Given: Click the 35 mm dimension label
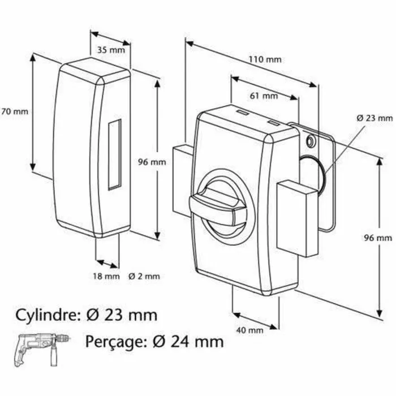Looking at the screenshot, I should tap(111, 49).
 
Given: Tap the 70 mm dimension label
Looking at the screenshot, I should tap(15, 111).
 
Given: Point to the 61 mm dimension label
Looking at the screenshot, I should tap(263, 96).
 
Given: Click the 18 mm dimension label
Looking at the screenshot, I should tap(107, 277).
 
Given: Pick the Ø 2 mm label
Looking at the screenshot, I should tap(144, 277).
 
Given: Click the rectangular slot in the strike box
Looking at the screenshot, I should tap(115, 153).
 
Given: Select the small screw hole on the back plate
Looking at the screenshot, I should tap(309, 140).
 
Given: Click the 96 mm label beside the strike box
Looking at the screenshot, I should tap(152, 162).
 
